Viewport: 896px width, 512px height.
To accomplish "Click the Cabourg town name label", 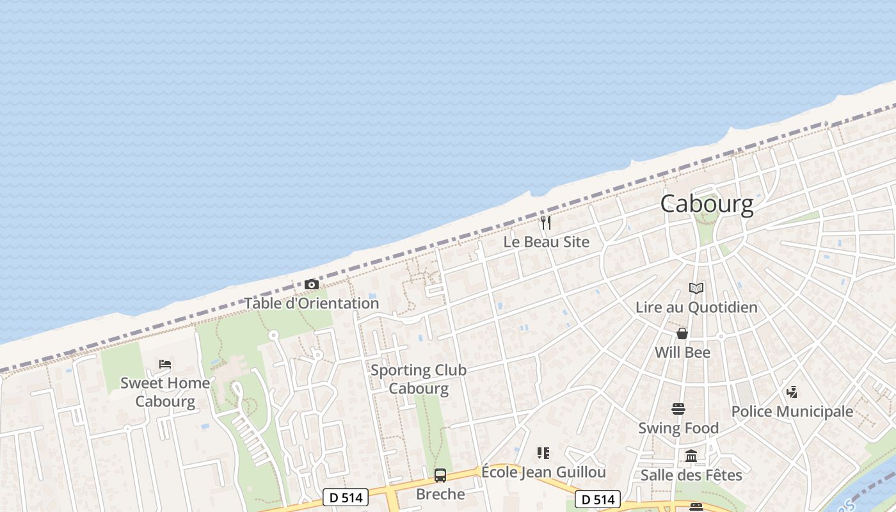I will pos(707,204).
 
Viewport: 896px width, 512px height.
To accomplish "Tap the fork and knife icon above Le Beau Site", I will pos(546,223).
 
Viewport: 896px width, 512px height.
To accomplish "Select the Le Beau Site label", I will pos(546,242).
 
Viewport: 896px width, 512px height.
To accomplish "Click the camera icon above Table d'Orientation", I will pos(312,284).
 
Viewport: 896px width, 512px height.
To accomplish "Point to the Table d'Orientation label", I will pos(312,303).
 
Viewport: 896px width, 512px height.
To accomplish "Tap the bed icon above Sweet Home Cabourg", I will pos(165,364).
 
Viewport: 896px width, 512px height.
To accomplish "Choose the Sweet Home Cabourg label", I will pos(165,392).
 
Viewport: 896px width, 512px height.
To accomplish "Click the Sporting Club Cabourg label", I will pos(419,379).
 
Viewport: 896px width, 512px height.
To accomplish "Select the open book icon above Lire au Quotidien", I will pos(696,289).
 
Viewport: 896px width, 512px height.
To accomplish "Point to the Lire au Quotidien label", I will pos(696,307).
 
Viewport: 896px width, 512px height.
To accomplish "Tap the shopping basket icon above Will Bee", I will pos(682,333).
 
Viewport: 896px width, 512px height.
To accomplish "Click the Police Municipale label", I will pos(792,412).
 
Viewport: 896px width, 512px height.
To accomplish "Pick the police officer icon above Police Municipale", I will pos(792,392).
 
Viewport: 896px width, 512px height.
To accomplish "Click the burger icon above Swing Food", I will pos(678,408).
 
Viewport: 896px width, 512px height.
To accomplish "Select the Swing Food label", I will pos(678,428).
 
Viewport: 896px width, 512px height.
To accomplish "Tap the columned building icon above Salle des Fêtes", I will pos(691,456).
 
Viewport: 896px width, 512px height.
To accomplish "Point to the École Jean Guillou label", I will pos(543,472).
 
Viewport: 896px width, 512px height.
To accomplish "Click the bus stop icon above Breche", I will pos(440,475).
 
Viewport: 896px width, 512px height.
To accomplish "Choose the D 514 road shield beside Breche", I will pos(346,497).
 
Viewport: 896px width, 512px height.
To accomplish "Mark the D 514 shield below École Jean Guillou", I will pos(598,499).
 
